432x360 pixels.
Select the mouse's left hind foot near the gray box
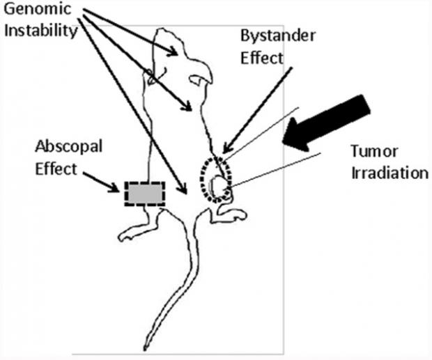tap(132, 233)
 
